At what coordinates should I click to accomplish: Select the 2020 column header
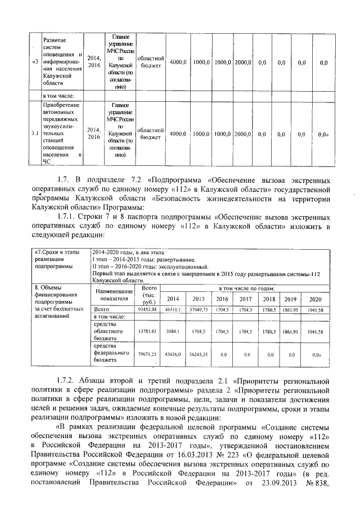pos(316,299)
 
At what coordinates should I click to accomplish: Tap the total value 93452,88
pos(147,310)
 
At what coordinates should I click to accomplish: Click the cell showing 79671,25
pos(147,355)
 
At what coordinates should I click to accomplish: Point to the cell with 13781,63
pos(147,332)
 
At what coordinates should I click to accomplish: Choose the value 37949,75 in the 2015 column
pos(199,310)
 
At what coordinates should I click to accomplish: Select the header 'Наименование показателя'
pos(114,295)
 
